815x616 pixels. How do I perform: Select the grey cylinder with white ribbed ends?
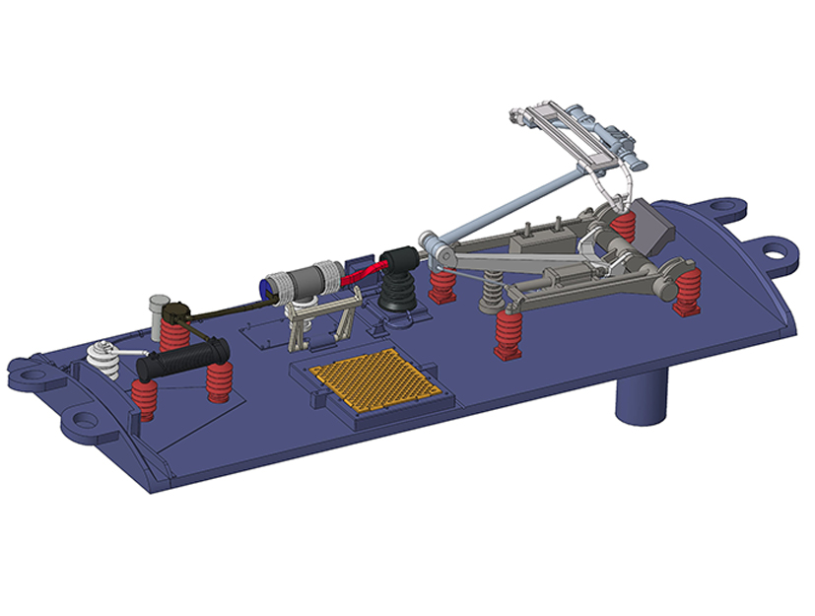pos(305,280)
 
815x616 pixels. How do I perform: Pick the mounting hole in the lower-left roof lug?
pos(85,420)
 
